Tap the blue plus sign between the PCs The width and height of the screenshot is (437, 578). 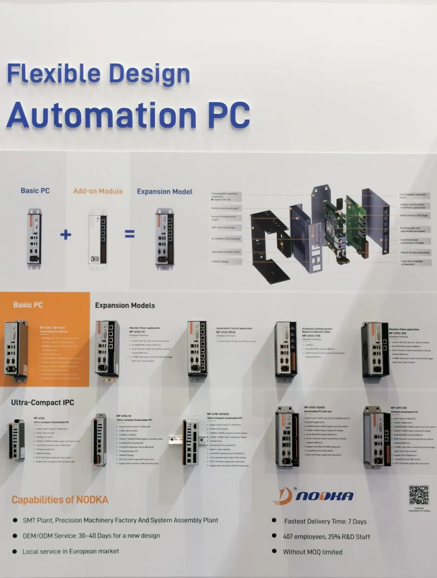pyautogui.click(x=66, y=235)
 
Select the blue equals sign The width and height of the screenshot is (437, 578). pyautogui.click(x=129, y=235)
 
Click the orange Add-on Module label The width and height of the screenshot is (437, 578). pyautogui.click(x=98, y=191)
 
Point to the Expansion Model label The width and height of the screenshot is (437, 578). pyautogui.click(x=165, y=191)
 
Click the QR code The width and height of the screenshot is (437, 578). pyautogui.click(x=418, y=496)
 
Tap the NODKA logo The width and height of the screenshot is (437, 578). pyautogui.click(x=318, y=496)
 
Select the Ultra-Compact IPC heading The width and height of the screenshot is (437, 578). pyautogui.click(x=42, y=402)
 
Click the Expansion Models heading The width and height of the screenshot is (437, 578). pyautogui.click(x=125, y=305)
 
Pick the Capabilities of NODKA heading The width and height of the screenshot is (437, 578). pyautogui.click(x=60, y=499)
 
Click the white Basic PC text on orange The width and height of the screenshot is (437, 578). pyautogui.click(x=28, y=305)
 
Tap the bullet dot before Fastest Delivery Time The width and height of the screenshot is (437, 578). pyautogui.click(x=274, y=521)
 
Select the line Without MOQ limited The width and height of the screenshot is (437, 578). pyautogui.click(x=312, y=552)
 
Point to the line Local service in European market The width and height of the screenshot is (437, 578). pyautogui.click(x=71, y=551)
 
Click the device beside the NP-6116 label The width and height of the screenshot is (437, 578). pyautogui.click(x=17, y=439)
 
